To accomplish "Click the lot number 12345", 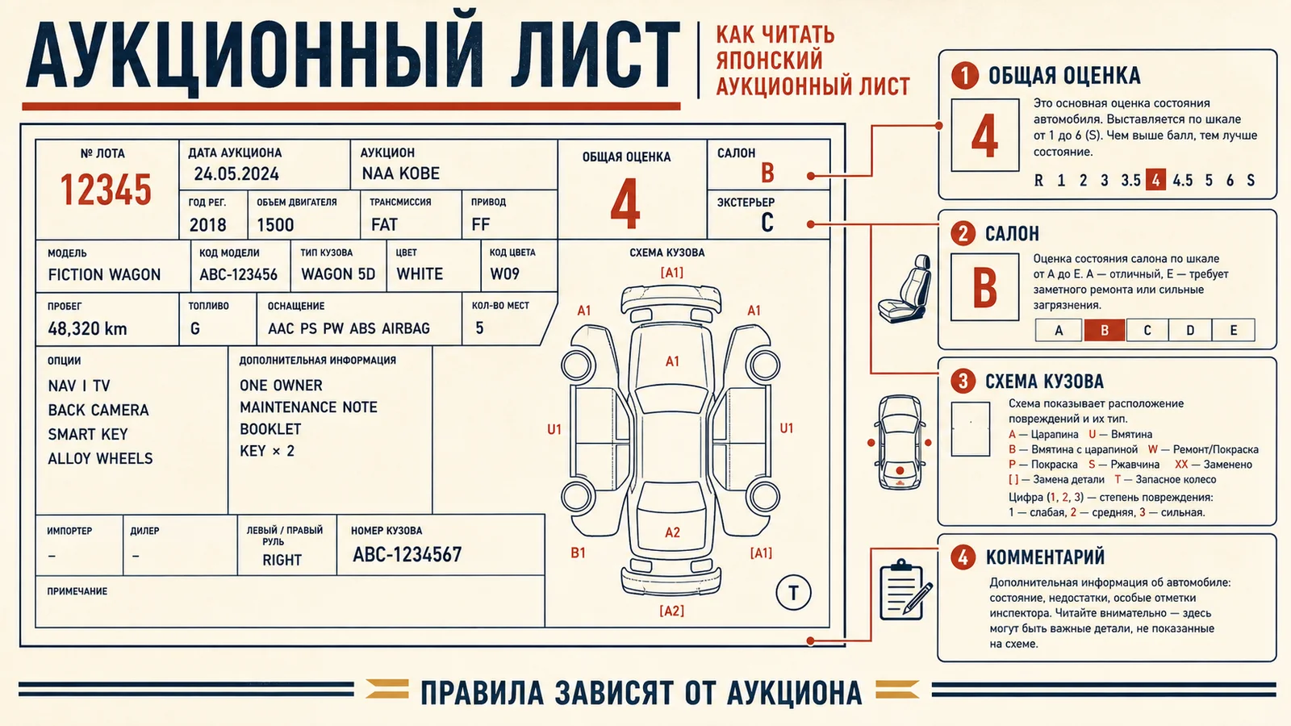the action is (x=106, y=190).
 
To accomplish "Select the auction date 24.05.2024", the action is (x=236, y=174).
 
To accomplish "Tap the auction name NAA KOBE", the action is (x=400, y=173).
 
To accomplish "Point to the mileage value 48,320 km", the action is (x=87, y=329).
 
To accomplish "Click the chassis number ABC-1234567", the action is (x=407, y=555).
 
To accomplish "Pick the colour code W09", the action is (x=504, y=273).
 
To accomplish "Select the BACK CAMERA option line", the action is (x=98, y=411).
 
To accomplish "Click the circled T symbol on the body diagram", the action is (x=793, y=592).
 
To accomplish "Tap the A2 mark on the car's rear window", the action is (x=673, y=532).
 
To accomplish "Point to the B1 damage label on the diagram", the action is (x=578, y=553).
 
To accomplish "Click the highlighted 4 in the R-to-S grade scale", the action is (x=1155, y=181).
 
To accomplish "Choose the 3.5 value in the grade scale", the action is (x=1130, y=181).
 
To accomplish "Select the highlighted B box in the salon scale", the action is (x=1105, y=330).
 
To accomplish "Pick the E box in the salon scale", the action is (x=1234, y=330).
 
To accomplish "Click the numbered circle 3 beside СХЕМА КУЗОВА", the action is (x=963, y=381).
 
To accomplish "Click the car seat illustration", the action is (x=905, y=289).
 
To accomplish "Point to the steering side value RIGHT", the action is (x=282, y=560).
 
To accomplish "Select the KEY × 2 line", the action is (x=267, y=451).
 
